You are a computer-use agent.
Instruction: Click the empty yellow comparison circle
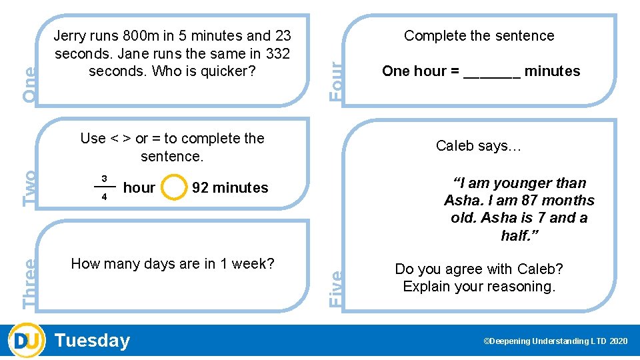click(174, 187)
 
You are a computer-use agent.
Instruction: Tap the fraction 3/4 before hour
click(104, 187)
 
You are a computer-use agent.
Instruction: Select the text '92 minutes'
click(230, 188)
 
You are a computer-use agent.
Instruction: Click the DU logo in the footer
click(27, 341)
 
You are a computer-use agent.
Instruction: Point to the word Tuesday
click(93, 341)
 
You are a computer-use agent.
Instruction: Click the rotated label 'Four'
click(339, 80)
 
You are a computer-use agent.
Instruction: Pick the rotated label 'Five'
click(337, 288)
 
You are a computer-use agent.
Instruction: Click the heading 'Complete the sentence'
click(479, 36)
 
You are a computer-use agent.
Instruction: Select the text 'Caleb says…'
click(479, 146)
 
